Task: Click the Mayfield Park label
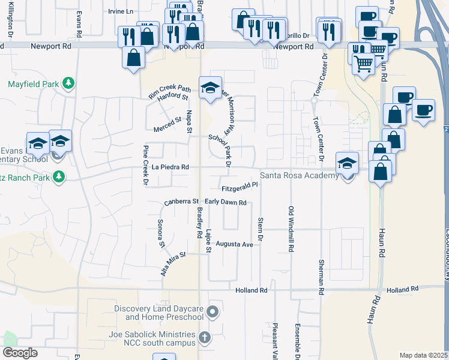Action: point(34,84)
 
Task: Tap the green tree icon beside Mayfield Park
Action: point(69,83)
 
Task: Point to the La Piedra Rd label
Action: point(170,167)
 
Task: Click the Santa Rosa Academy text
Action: point(299,176)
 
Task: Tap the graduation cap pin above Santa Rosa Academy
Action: point(347,163)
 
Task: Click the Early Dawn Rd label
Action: point(226,203)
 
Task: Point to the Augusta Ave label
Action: point(234,244)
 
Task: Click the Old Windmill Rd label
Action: point(291,228)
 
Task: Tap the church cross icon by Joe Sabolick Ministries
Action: point(205,338)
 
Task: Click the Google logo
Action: point(20,353)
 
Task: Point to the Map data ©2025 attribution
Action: point(423,355)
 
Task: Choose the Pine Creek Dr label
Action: point(146,165)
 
